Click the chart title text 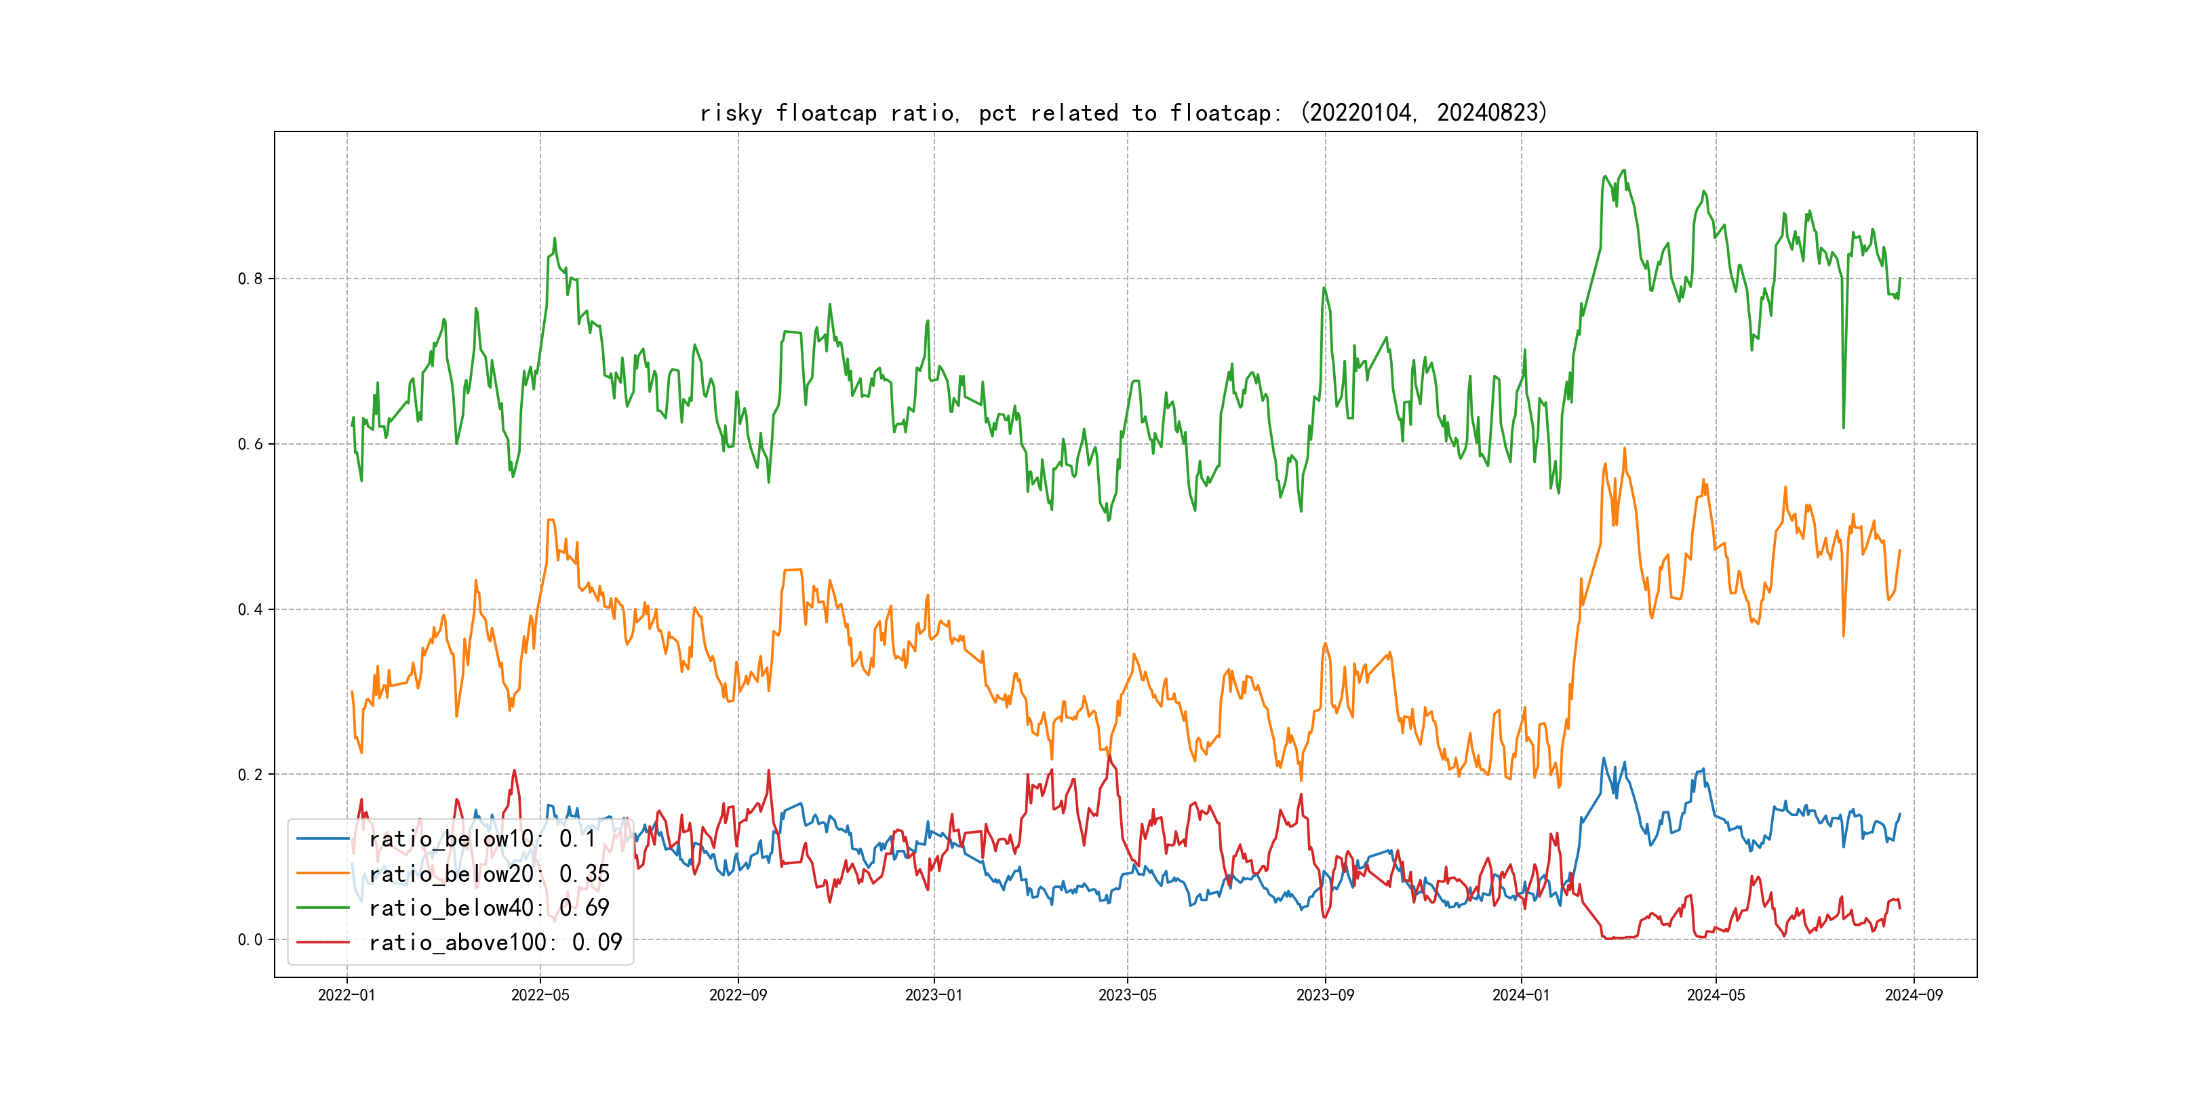[x=1123, y=113]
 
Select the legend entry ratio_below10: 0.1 [x=482, y=839]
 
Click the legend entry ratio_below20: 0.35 [x=489, y=874]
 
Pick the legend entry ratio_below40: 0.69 [x=489, y=908]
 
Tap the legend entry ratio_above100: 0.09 [x=495, y=942]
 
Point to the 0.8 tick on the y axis [x=250, y=279]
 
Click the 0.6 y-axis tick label [x=250, y=444]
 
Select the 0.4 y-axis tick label [x=250, y=609]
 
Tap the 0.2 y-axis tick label [x=250, y=775]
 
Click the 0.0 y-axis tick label [x=250, y=939]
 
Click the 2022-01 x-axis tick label [x=347, y=995]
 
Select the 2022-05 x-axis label [x=540, y=995]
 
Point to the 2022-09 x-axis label [x=738, y=995]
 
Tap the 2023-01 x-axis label [x=934, y=995]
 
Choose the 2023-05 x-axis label [x=1128, y=995]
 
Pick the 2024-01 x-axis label [x=1521, y=995]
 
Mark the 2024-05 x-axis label [x=1716, y=995]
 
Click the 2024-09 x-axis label [x=1914, y=995]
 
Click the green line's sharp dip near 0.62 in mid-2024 [x=1843, y=426]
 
